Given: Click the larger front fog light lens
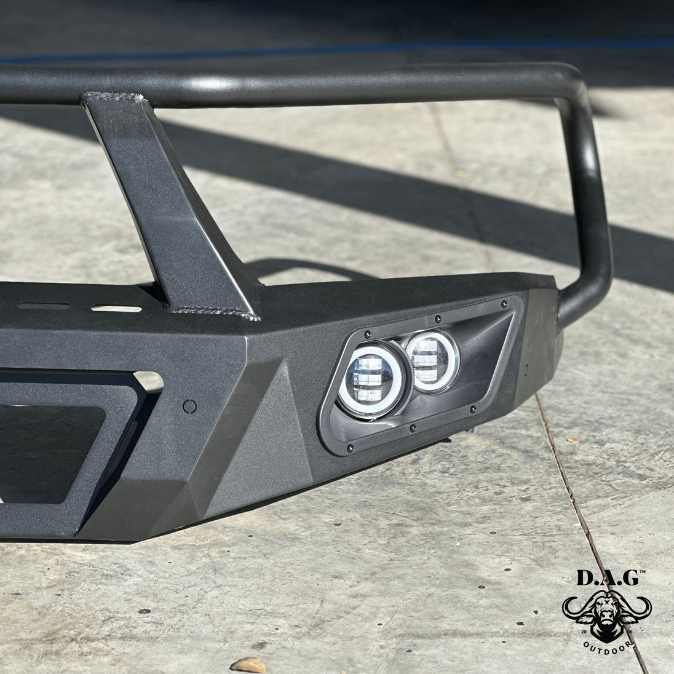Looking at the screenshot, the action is pyautogui.click(x=371, y=380).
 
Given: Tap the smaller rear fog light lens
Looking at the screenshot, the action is pyautogui.click(x=432, y=361).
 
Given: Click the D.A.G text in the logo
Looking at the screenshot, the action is pyautogui.click(x=607, y=577).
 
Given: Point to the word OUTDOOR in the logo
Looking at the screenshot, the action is pyautogui.click(x=607, y=648).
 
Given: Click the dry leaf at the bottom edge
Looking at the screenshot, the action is pyautogui.click(x=248, y=665).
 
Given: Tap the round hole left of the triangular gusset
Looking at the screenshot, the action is pyautogui.click(x=189, y=406).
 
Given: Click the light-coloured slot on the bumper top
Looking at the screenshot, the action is pyautogui.click(x=116, y=308).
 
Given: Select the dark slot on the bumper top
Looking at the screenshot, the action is pyautogui.click(x=44, y=306).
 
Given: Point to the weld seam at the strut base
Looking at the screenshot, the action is pyautogui.click(x=213, y=312).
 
